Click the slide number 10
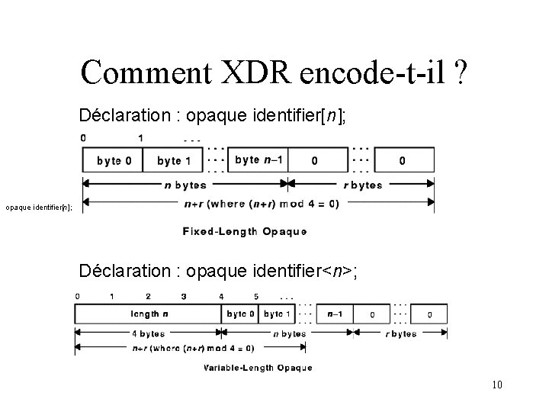(x=496, y=385)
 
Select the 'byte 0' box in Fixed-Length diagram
(x=113, y=160)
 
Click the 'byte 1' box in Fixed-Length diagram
(x=173, y=160)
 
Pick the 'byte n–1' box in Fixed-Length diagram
(x=258, y=160)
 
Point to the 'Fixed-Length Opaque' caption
(x=244, y=230)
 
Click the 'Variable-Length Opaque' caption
(x=258, y=368)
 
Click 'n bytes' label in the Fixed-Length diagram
(x=183, y=185)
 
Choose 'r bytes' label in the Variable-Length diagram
(x=400, y=333)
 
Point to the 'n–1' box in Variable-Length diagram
(x=335, y=314)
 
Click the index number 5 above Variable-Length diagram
(x=255, y=296)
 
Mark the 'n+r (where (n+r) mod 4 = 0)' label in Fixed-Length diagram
(x=262, y=204)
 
